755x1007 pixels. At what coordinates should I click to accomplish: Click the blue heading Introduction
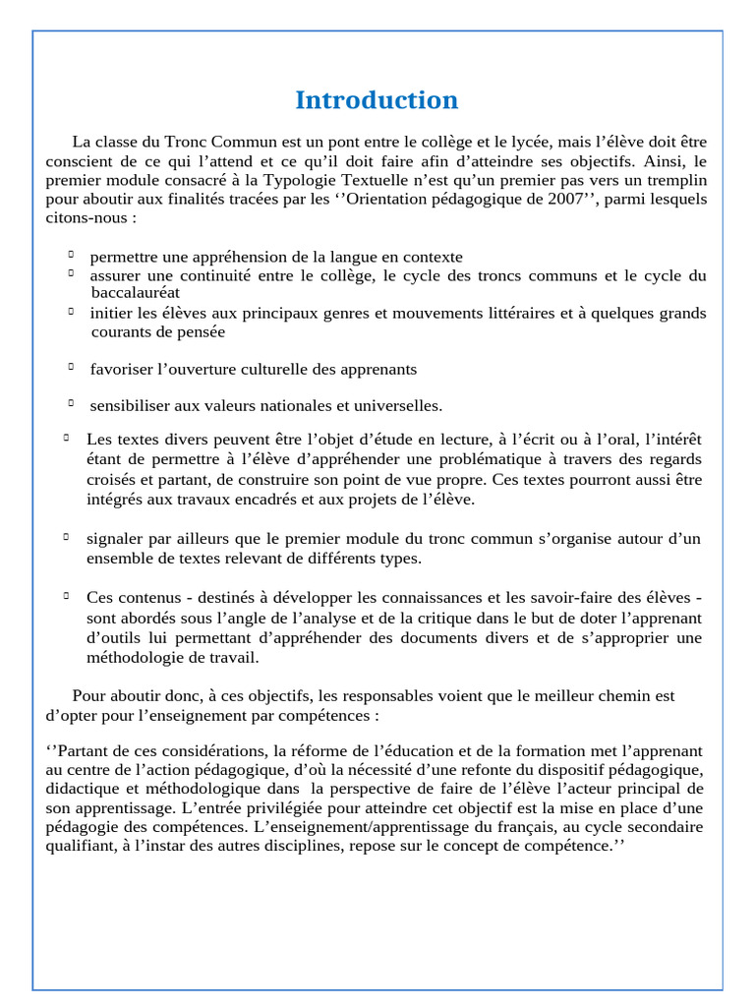pos(377,100)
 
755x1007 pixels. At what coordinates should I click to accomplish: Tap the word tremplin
pos(675,181)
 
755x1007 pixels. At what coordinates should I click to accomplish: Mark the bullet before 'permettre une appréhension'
pos(72,255)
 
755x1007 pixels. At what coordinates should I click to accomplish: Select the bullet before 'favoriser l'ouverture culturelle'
pos(72,367)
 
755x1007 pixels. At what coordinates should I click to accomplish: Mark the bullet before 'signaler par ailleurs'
pos(66,537)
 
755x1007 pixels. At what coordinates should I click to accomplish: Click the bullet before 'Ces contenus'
pos(66,595)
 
